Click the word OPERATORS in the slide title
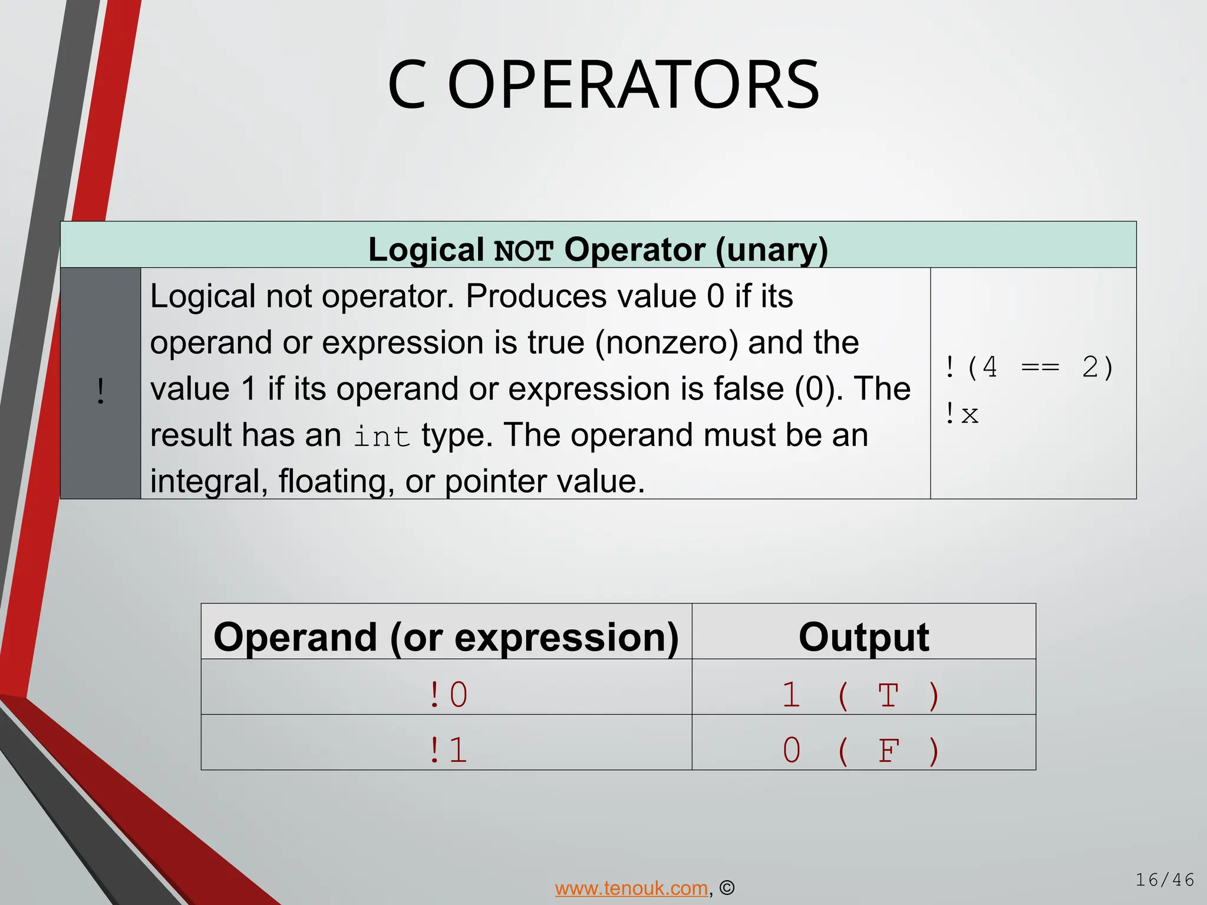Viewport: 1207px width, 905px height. pos(634,85)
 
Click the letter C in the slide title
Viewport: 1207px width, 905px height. pos(407,85)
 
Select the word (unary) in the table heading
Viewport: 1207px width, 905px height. pos(772,250)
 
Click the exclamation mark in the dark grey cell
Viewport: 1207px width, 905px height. pos(101,391)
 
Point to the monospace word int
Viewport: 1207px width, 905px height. pos(381,437)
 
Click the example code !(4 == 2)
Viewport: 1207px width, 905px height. pos(1028,368)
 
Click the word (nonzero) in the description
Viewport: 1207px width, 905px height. pos(666,343)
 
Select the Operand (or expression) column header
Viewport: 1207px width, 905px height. pos(446,638)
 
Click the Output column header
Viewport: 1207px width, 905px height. pos(863,638)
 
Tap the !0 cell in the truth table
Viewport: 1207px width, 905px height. pos(448,695)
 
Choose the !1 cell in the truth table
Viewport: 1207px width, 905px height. pos(448,750)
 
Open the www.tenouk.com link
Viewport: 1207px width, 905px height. pos(631,888)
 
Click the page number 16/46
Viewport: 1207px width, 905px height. pos(1165,880)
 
